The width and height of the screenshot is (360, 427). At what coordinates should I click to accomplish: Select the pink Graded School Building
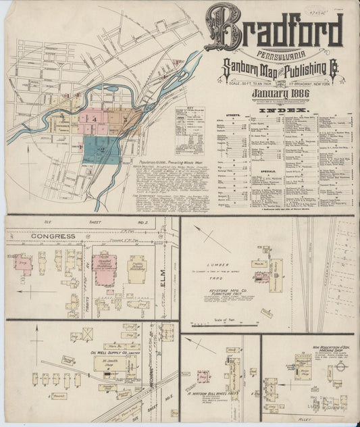click(x=105, y=268)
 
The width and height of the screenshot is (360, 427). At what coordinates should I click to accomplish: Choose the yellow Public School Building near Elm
click(x=137, y=268)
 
